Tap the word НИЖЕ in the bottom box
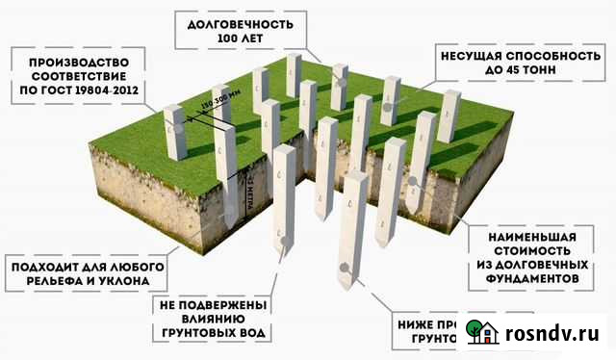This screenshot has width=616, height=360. point(417,322)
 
